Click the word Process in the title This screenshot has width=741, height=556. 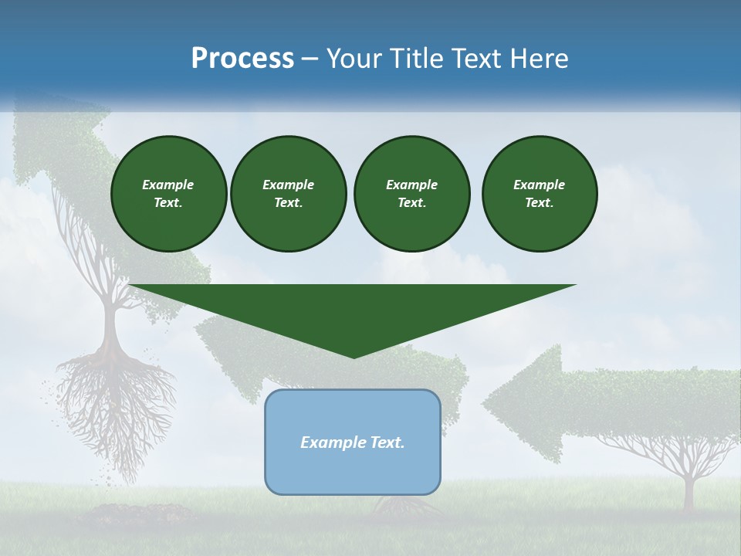pos(242,59)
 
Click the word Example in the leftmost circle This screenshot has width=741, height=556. pos(167,185)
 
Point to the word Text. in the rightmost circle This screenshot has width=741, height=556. pos(539,202)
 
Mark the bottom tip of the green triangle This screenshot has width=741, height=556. pos(354,356)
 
